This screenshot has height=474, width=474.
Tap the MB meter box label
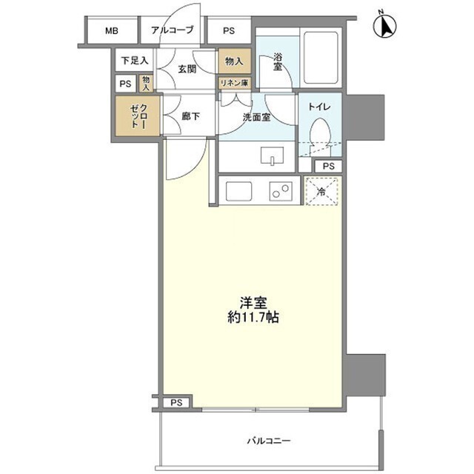coord(112,30)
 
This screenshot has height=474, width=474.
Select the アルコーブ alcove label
coord(172,30)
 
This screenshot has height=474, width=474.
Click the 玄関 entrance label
coord(187,69)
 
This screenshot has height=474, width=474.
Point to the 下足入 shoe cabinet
coord(134,61)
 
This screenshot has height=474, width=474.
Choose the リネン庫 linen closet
coord(235,83)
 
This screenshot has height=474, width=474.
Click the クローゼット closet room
coord(138,116)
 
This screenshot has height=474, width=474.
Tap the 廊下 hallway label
coord(191,116)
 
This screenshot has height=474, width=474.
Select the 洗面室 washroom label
coord(256,117)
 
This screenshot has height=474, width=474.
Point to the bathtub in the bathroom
coord(321,58)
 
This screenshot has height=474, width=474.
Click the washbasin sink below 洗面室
coord(272,156)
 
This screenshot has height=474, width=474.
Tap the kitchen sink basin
coord(238,191)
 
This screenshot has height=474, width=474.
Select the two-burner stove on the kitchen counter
coord(281,191)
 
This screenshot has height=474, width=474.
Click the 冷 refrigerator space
coord(321,191)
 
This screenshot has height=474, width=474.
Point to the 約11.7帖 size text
coord(253,318)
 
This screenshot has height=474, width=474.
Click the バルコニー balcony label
coord(269,441)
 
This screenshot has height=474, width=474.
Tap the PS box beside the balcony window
coord(176,403)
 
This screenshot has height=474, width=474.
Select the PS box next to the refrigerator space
coord(329,166)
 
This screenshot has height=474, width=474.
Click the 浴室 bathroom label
coord(278,61)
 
